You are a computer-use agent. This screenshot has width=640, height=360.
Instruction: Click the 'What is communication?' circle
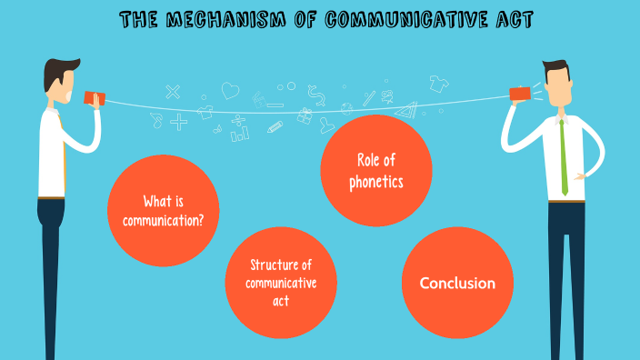pos(163,210)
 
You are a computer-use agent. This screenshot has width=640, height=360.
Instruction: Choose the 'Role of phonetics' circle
pos(375,171)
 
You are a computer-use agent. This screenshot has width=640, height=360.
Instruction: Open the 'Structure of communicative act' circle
pos(281,281)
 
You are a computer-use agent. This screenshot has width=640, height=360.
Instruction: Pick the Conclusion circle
pos(457,283)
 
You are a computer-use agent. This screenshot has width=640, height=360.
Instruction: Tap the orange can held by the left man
pos(94,97)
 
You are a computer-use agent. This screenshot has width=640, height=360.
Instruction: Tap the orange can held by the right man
pos(520,94)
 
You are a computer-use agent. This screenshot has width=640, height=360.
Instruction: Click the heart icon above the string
pos(230,90)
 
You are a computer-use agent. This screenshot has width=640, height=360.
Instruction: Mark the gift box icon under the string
pos(304,117)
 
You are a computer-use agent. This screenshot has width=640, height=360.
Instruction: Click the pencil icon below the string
pos(275,127)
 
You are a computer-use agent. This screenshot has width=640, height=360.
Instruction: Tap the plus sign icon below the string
pos(178,121)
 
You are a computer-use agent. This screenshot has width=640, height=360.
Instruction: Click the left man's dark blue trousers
pos(52,264)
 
